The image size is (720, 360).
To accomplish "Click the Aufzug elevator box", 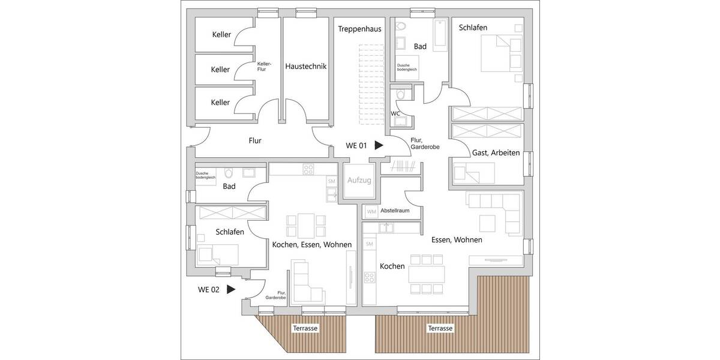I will pos(359,181).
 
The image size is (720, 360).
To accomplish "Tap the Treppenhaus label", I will pos(360,29).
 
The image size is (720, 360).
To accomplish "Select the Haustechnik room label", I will pos(305,67).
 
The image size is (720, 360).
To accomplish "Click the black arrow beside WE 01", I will pos(379,145).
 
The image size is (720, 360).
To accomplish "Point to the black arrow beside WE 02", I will pos(230,289).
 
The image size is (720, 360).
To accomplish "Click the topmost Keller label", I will pos(221,35).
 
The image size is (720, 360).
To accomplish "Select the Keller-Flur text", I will pos(264,66).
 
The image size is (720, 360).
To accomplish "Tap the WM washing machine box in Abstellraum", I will pos(371,211).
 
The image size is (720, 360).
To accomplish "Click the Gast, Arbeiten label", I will pos(496,153).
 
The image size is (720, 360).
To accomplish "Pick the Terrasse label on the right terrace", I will pos(440,328).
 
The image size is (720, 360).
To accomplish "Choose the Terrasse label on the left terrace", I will pos(305,328).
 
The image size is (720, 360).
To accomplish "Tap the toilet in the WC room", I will pos(401,95).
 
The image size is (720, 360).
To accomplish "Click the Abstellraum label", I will pos(396,211).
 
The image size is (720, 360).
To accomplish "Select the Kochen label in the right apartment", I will pos(392,266).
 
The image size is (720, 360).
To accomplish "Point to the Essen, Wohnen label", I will pos(457,239).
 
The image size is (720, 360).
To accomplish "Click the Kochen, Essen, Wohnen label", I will pos(311,244).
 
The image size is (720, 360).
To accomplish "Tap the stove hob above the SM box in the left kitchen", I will pos(308,169).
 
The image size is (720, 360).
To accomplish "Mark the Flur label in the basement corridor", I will pos(256,141).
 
